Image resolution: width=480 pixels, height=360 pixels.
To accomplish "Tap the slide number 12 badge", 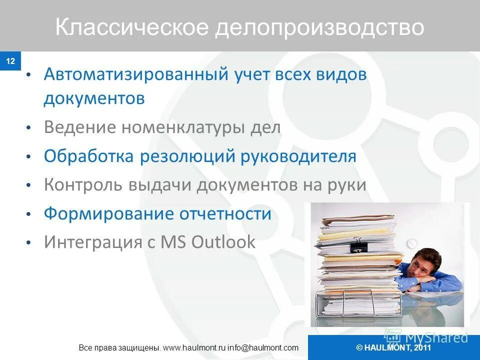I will coord(10,61).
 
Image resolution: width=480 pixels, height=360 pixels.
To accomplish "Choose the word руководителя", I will coord(298,156).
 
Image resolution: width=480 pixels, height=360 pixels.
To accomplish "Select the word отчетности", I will coord(225,213).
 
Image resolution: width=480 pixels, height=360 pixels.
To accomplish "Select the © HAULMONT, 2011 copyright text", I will coord(393,348).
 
